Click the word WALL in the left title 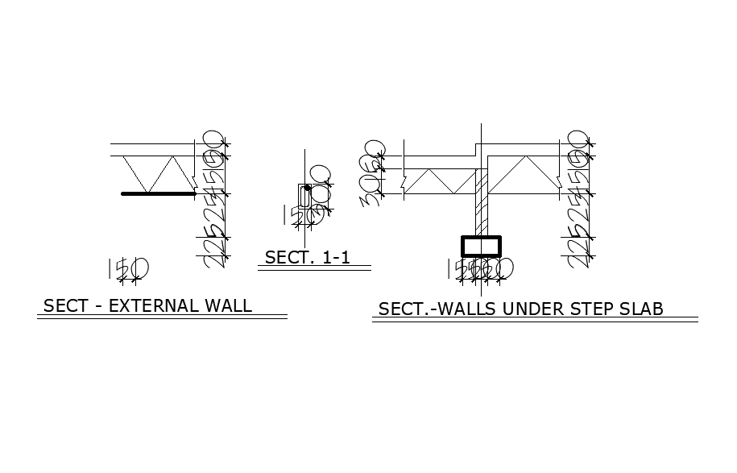[228, 306]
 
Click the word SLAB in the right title [641, 309]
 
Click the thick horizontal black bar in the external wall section [159, 193]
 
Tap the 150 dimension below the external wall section [128, 268]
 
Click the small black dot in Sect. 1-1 [308, 187]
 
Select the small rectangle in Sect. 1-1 [304, 196]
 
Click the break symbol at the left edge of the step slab [402, 183]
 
